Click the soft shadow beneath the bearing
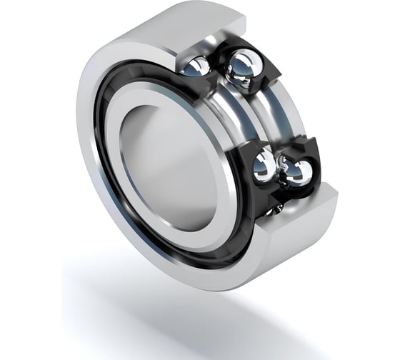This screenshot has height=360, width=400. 214,314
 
